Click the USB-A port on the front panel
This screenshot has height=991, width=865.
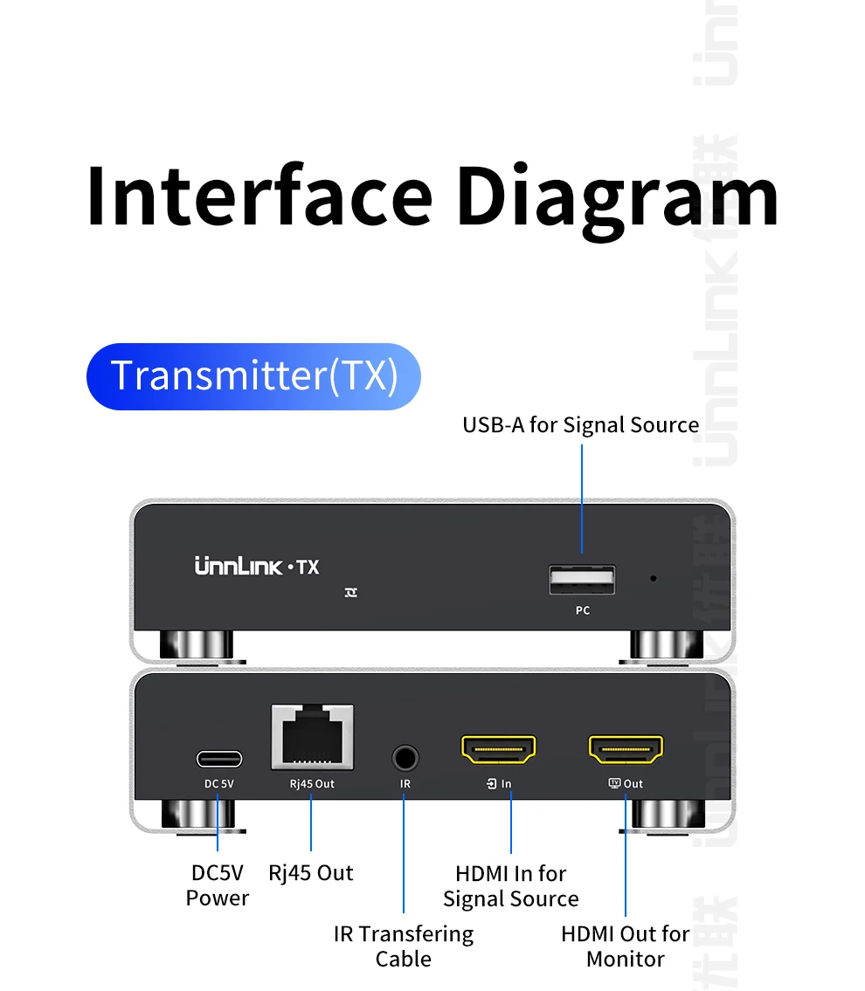pyautogui.click(x=582, y=581)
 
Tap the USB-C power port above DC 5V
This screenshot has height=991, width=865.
pyautogui.click(x=218, y=758)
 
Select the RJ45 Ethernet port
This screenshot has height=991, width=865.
pyautogui.click(x=312, y=739)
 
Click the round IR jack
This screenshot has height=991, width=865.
pyautogui.click(x=405, y=755)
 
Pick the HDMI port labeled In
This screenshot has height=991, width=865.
pyautogui.click(x=498, y=749)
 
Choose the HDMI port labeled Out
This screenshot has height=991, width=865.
pyautogui.click(x=626, y=749)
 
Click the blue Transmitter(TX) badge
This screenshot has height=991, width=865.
pyautogui.click(x=253, y=376)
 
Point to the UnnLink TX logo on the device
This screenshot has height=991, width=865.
pyautogui.click(x=256, y=568)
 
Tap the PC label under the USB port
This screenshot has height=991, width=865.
pyautogui.click(x=583, y=610)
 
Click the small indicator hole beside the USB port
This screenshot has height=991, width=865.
pyautogui.click(x=654, y=578)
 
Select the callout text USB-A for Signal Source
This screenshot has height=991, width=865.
pyautogui.click(x=580, y=425)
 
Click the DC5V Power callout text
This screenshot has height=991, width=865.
pyautogui.click(x=218, y=884)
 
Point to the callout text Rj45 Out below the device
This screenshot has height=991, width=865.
pyautogui.click(x=311, y=872)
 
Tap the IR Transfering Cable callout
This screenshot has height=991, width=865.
pyautogui.click(x=404, y=946)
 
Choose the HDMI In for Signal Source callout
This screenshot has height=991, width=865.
pyautogui.click(x=510, y=885)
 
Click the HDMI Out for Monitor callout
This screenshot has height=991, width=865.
pyautogui.click(x=625, y=946)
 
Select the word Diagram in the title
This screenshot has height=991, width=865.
pyautogui.click(x=617, y=196)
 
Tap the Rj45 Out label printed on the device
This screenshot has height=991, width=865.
pyautogui.click(x=312, y=783)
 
